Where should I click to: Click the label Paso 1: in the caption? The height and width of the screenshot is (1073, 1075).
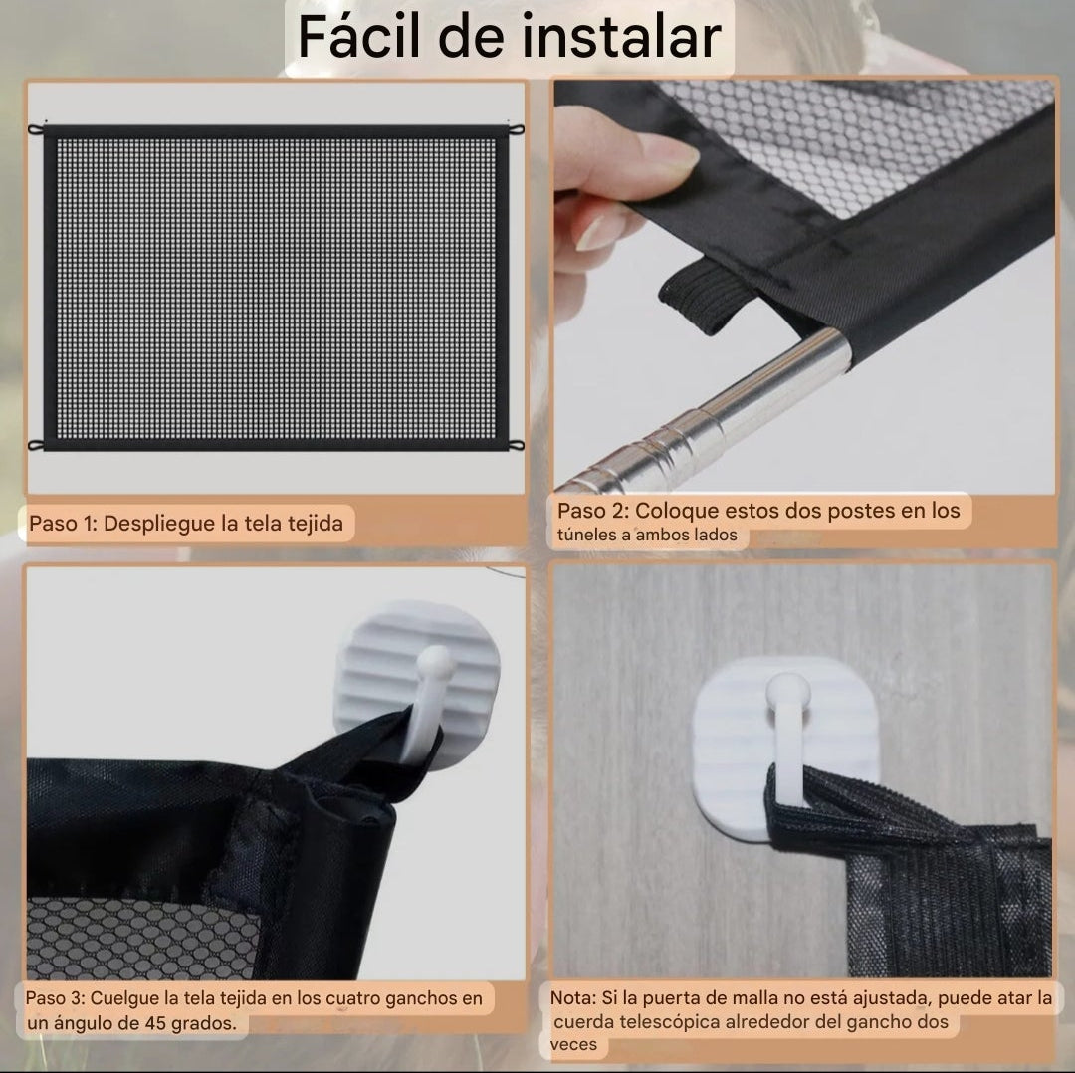pyautogui.click(x=63, y=523)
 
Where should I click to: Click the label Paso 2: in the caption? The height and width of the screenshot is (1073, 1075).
pyautogui.click(x=593, y=511)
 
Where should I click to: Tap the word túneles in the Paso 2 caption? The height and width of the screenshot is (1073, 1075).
pyautogui.click(x=581, y=536)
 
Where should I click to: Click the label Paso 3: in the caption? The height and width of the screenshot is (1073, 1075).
pyautogui.click(x=56, y=998)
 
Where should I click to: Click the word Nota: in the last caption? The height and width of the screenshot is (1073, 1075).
pyautogui.click(x=574, y=997)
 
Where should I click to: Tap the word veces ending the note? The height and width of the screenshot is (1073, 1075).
pyautogui.click(x=574, y=1044)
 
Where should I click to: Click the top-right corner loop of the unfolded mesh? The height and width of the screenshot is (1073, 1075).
pyautogui.click(x=517, y=131)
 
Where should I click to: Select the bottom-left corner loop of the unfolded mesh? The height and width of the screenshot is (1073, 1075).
pyautogui.click(x=37, y=444)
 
